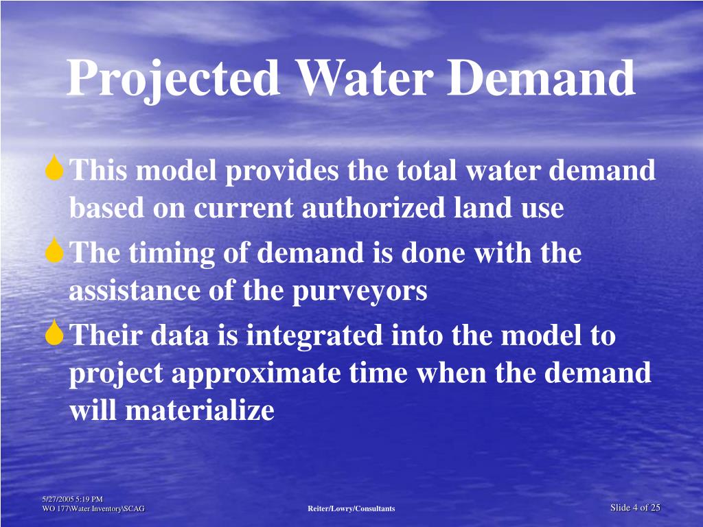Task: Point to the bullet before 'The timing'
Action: point(55,253)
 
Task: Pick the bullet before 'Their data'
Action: point(55,335)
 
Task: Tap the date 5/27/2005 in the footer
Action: point(57,499)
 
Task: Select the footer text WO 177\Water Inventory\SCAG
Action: point(93,508)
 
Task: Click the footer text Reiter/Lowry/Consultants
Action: point(351,508)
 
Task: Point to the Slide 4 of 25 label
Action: point(635,508)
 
